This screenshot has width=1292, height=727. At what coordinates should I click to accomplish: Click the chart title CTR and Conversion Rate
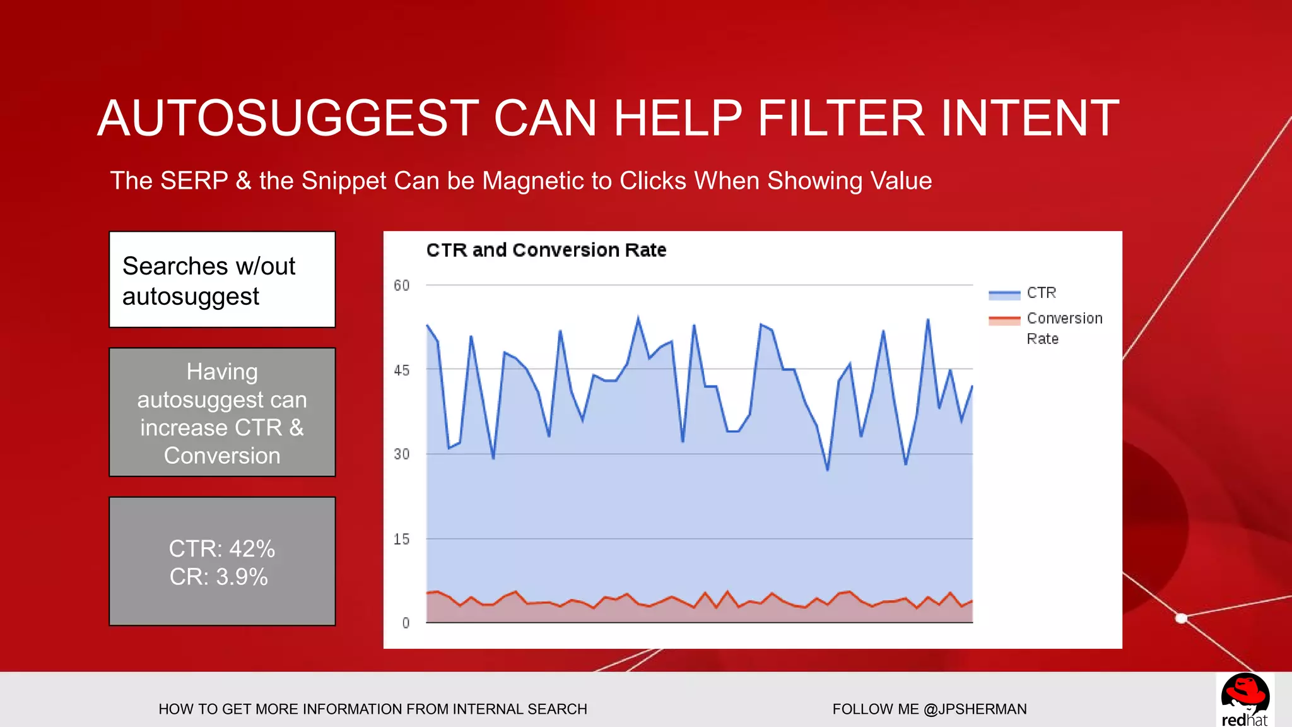pyautogui.click(x=546, y=250)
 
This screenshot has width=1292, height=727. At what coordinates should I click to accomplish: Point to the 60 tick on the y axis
pyautogui.click(x=402, y=286)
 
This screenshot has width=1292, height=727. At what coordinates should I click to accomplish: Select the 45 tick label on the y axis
pyautogui.click(x=402, y=371)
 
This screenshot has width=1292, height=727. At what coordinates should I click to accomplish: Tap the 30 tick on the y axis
pyautogui.click(x=402, y=454)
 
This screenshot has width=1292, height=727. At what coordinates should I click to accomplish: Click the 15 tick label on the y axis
pyautogui.click(x=402, y=540)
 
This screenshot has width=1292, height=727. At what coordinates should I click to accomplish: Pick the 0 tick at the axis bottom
pyautogui.click(x=406, y=624)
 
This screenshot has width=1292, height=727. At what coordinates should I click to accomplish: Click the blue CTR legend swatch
pyautogui.click(x=1004, y=294)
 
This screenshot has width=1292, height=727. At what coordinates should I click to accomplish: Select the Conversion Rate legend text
pyautogui.click(x=1064, y=328)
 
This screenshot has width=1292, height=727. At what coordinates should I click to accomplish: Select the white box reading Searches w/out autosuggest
pyautogui.click(x=222, y=280)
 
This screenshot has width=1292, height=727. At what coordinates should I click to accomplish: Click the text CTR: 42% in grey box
pyautogui.click(x=222, y=548)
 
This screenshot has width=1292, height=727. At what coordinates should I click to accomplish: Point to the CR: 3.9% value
pyautogui.click(x=219, y=577)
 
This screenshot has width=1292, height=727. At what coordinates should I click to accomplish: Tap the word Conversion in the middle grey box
pyautogui.click(x=222, y=456)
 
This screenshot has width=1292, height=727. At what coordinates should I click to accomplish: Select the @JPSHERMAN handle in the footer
pyautogui.click(x=975, y=709)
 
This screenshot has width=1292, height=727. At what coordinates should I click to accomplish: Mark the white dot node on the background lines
pyautogui.click(x=1182, y=618)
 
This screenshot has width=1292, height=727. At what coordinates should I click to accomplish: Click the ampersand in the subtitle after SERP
pyautogui.click(x=244, y=181)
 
